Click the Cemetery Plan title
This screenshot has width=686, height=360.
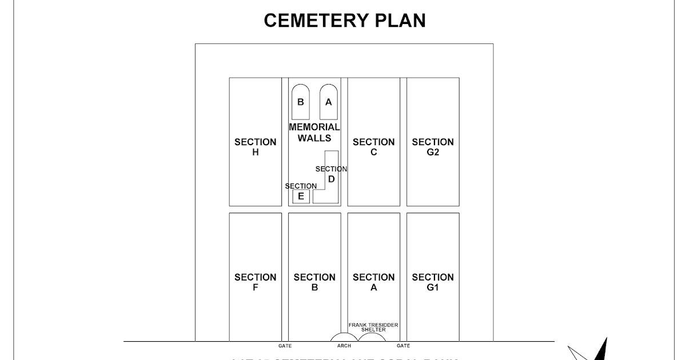345,21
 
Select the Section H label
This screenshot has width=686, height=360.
255,147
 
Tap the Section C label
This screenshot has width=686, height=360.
373,147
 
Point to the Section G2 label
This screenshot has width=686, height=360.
433,147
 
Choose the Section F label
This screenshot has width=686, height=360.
255,282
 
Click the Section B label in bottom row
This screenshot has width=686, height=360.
314,282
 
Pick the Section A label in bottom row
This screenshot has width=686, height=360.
373,282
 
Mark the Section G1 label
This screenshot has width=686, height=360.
433,282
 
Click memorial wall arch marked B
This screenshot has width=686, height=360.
301,102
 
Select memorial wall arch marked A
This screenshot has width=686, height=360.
328,102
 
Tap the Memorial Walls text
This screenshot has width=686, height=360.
314,132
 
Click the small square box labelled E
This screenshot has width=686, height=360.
301,197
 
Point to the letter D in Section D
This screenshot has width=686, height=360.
332,179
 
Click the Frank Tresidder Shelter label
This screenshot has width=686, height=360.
373,327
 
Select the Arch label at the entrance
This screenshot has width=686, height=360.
344,346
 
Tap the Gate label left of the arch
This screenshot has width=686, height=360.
285,346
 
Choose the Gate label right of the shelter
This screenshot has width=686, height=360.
403,346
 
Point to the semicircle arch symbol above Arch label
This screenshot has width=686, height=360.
344,337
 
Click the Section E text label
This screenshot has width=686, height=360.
301,186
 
